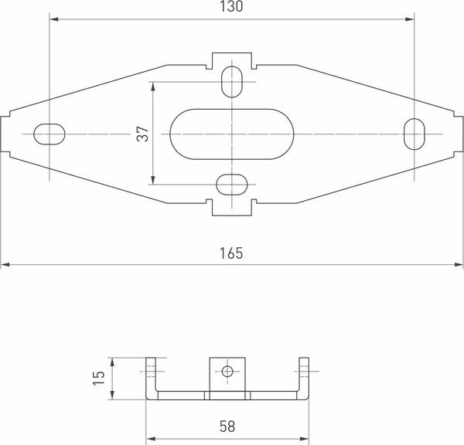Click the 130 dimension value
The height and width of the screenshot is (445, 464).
pos(231,7)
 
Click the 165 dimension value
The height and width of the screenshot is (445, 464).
pos(231,253)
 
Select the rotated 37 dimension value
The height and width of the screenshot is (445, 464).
pos(142,134)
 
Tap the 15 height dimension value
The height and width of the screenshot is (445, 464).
pos(98,379)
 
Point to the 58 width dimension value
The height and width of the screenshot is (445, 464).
pos(227,426)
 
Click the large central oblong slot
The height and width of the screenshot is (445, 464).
pos(232,134)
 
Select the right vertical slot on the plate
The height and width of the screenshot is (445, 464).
pos(415,133)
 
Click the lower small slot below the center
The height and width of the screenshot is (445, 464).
pos(232,184)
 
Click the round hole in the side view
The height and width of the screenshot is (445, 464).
pos(227,372)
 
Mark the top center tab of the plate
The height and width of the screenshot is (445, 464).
pos(232,60)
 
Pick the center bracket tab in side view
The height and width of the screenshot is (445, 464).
pos(227,375)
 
